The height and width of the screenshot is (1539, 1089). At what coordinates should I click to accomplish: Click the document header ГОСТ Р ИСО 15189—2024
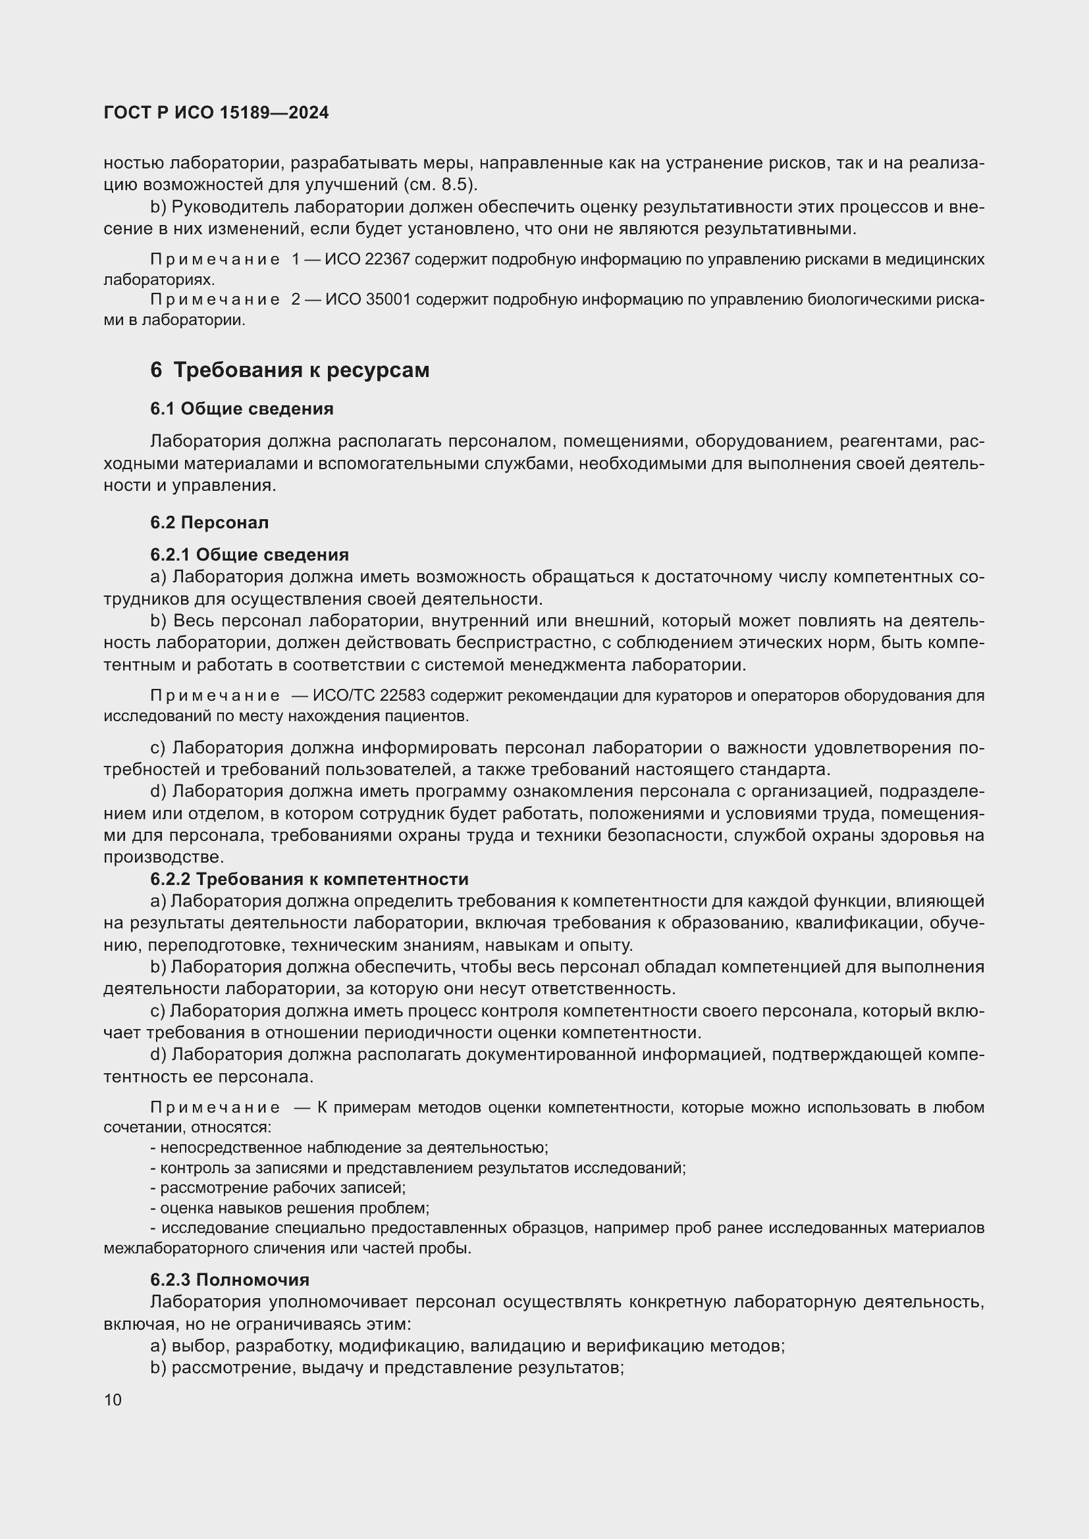216,113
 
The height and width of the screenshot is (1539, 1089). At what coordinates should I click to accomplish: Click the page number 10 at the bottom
113,1400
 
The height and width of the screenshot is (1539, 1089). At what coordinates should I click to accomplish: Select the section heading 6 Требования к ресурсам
289,370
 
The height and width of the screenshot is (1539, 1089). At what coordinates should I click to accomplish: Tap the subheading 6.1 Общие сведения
242,409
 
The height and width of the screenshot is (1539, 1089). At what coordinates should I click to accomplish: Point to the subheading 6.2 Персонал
209,522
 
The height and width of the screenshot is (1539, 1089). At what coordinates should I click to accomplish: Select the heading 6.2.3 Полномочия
229,1280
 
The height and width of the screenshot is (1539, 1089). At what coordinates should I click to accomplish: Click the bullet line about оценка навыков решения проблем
290,1208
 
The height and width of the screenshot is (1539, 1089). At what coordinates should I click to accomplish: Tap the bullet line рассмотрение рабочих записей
279,1188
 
